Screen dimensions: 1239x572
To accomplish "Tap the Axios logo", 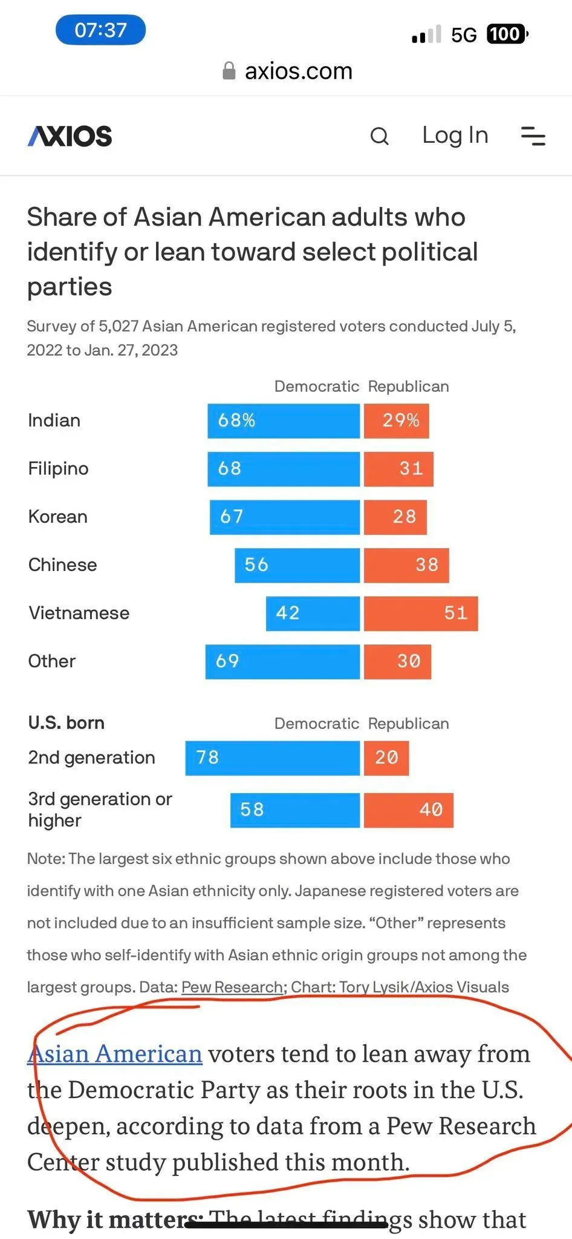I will (70, 136).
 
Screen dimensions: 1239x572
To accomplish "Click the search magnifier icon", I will (379, 136).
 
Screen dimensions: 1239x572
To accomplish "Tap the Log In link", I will (455, 136).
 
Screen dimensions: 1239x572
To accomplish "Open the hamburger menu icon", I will (533, 136).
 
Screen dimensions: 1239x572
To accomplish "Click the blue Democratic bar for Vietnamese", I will (313, 613).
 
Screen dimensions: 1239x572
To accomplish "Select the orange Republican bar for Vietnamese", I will (421, 613).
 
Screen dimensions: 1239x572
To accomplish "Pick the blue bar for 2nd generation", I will (272, 758).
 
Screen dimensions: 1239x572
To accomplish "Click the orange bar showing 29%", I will (397, 420).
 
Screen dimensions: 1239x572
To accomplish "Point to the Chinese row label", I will (62, 565).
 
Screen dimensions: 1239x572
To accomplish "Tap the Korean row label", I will (57, 517).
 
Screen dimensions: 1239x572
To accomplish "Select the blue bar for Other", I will (282, 661).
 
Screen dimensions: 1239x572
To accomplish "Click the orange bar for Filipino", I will (398, 469).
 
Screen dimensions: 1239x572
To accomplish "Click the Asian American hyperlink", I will (115, 1054).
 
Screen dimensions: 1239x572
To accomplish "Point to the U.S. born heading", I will (66, 723).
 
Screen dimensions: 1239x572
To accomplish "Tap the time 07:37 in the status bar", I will (100, 30).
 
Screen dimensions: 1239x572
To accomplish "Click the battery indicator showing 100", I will (507, 34).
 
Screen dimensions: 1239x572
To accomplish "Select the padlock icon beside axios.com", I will (229, 71).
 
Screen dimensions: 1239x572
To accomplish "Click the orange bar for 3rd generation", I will (408, 810).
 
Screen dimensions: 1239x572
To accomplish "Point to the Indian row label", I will (54, 420).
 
